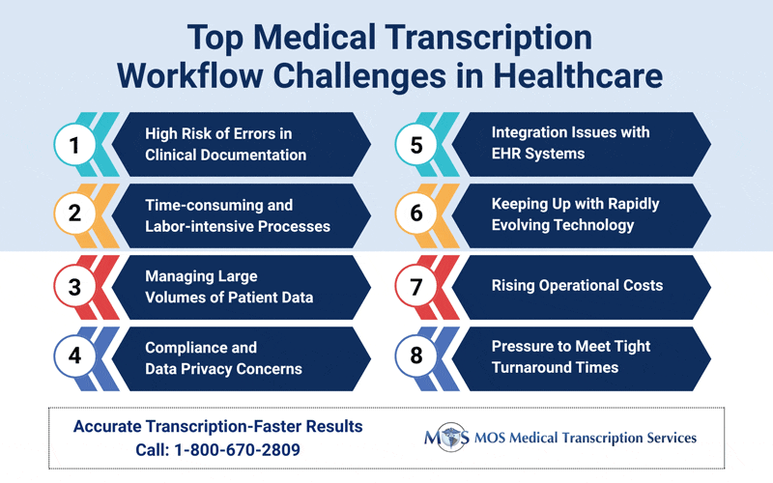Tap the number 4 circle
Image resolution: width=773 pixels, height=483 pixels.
point(72,356)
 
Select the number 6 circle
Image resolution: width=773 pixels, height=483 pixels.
point(417,214)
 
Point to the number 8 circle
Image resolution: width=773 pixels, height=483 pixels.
point(417,356)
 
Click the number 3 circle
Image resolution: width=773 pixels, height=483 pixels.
point(72,286)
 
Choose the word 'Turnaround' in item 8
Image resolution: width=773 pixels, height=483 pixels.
point(531,367)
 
